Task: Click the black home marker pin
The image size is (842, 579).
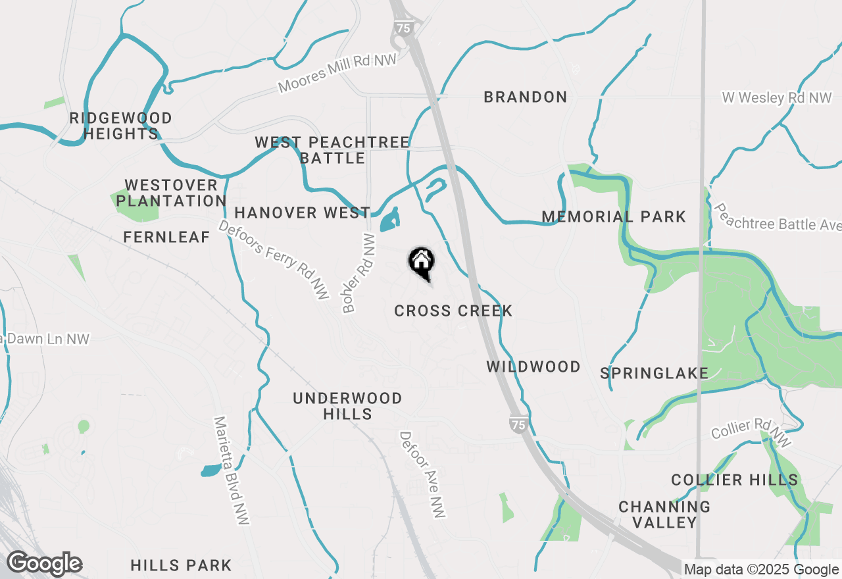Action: pos(421,263)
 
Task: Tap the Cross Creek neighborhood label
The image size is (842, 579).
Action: pos(453,311)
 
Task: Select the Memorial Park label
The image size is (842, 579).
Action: pos(613,216)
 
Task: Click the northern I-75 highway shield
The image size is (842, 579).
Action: pos(403,28)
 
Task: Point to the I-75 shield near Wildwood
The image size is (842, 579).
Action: pos(518,424)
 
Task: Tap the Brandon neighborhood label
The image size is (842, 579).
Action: pos(525,97)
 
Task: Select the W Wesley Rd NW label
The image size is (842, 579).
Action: pos(776,97)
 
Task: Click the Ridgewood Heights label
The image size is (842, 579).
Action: pos(121,126)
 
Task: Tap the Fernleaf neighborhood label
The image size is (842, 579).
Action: pos(166,237)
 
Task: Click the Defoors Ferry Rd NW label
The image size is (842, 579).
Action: pos(274,259)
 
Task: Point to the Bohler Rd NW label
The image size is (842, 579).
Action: pos(359,273)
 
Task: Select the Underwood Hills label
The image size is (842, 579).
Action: pos(347,406)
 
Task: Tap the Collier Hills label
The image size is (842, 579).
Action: pos(734,480)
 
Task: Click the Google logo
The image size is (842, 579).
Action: pos(44,563)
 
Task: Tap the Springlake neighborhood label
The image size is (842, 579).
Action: pos(654,373)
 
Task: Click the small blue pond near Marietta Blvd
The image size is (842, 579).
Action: pos(210,470)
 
